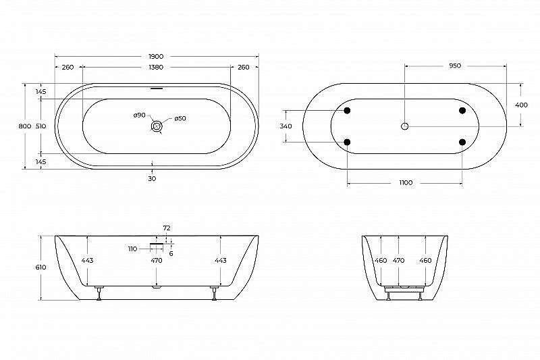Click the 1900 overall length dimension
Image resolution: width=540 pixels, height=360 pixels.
pyautogui.click(x=157, y=56)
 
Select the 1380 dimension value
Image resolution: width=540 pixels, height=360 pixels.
pyautogui.click(x=157, y=68)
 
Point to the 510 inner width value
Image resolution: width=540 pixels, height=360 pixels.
pyautogui.click(x=40, y=126)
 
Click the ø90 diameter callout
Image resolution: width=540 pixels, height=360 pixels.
pyautogui.click(x=139, y=115)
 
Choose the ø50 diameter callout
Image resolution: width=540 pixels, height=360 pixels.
pyautogui.click(x=180, y=119)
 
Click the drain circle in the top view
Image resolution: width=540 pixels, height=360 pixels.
pyautogui.click(x=157, y=126)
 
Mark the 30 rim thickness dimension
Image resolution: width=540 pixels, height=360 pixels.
pyautogui.click(x=152, y=178)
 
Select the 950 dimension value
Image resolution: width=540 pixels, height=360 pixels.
pyautogui.click(x=455, y=66)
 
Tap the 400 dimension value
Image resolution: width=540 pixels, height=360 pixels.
pyautogui.click(x=522, y=105)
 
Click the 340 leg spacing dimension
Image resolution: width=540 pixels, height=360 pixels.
pyautogui.click(x=286, y=126)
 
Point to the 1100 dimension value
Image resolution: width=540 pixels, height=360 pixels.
pyautogui.click(x=405, y=183)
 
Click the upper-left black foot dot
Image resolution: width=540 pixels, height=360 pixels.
pyautogui.click(x=348, y=111)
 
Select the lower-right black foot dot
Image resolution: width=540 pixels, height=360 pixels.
pyautogui.click(x=462, y=142)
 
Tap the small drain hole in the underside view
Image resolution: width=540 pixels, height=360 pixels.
pyautogui.click(x=405, y=126)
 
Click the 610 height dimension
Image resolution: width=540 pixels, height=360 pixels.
pyautogui.click(x=41, y=267)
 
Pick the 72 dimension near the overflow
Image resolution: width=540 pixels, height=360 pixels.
pyautogui.click(x=167, y=228)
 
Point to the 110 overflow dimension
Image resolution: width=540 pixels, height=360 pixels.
pyautogui.click(x=132, y=249)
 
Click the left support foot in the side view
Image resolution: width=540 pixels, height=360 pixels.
pyautogui.click(x=100, y=293)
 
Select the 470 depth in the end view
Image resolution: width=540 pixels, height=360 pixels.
pyautogui.click(x=398, y=260)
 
